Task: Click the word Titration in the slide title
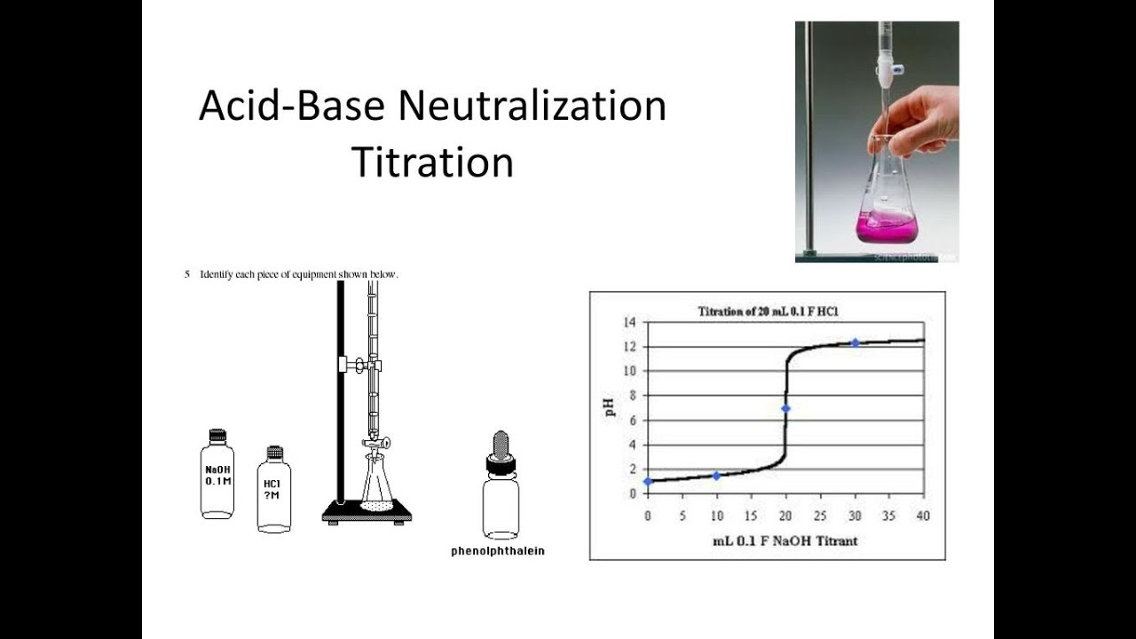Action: [x=432, y=162]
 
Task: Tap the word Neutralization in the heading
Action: [x=532, y=106]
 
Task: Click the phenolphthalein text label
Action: [x=497, y=551]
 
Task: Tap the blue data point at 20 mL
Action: [x=785, y=408]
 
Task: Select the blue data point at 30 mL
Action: [x=855, y=343]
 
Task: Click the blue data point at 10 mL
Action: [x=716, y=476]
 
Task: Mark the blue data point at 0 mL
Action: [x=648, y=482]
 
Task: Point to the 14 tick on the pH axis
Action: [x=630, y=321]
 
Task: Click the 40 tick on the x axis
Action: [x=923, y=516]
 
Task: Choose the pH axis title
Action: [x=611, y=407]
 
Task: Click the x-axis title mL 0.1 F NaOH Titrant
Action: [x=785, y=540]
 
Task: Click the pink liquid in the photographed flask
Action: [x=885, y=228]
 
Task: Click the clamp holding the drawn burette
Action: [x=359, y=365]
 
